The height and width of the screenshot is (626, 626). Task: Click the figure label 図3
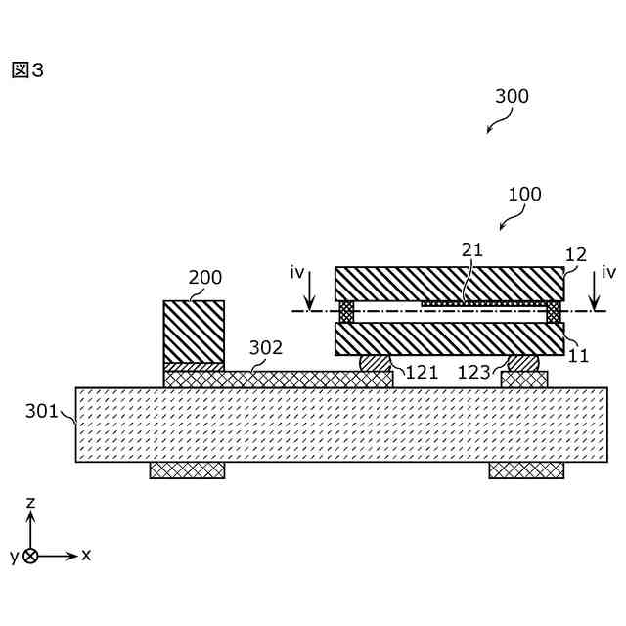[x=27, y=70]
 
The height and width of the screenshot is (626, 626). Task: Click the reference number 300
[x=512, y=96]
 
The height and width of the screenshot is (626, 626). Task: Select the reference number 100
[x=524, y=194]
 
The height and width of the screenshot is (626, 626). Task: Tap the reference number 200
[x=205, y=278]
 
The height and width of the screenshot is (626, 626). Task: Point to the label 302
[x=265, y=347]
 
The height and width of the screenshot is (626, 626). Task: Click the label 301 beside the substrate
[x=42, y=412]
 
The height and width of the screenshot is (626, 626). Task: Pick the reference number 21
[x=472, y=249]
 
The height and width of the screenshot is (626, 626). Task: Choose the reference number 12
[x=576, y=254]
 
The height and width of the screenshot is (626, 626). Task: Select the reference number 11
[x=578, y=356]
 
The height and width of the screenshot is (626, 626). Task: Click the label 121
[x=422, y=372]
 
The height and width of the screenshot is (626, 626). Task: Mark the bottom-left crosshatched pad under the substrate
[x=187, y=470]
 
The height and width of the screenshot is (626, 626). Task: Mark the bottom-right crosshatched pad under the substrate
[x=526, y=470]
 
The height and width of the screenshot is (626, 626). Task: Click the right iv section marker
[x=608, y=272]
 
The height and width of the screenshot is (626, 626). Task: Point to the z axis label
[x=30, y=502]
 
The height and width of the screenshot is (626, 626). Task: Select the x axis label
[x=86, y=555]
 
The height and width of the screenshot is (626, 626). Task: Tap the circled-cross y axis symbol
[x=30, y=556]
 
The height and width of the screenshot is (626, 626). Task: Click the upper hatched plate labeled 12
[x=449, y=284]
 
